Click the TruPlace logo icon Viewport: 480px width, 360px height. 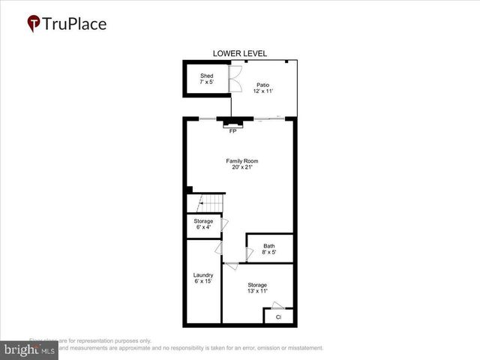click(x=34, y=24)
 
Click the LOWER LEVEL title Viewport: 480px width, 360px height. click(x=240, y=53)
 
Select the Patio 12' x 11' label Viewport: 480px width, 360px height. click(x=262, y=88)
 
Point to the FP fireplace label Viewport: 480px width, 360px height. click(x=233, y=132)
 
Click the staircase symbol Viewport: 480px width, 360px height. click(x=211, y=202)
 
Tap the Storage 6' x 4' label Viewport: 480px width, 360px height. click(x=203, y=224)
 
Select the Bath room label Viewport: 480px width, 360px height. click(x=268, y=249)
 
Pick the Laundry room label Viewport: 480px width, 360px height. click(x=203, y=278)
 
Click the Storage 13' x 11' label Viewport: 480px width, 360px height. click(x=257, y=288)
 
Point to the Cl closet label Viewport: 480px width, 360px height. click(x=278, y=317)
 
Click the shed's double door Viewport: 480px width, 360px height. click(x=235, y=76)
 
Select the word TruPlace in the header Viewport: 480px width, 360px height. click(x=75, y=24)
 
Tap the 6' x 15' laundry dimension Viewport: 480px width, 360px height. click(x=203, y=282)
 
